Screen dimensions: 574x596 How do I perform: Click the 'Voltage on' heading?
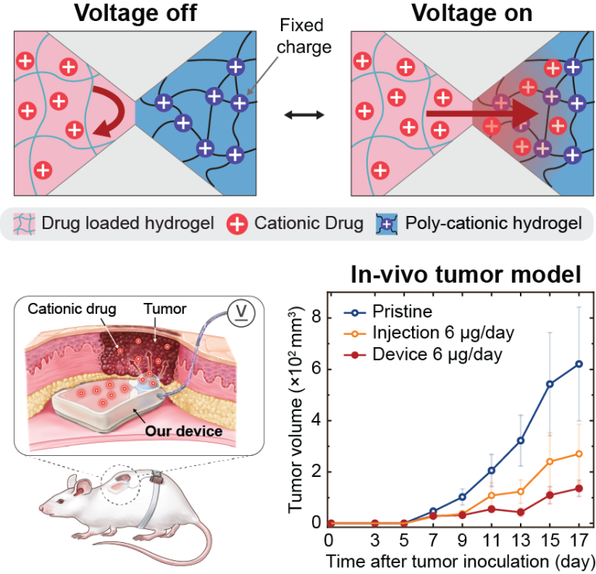[465, 13]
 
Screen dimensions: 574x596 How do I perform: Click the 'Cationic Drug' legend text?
[308, 224]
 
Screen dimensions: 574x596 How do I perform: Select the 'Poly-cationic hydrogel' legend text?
[492, 224]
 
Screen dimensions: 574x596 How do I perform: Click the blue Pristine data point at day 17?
[579, 363]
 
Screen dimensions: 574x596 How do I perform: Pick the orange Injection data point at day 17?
[579, 454]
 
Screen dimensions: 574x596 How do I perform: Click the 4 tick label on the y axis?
[316, 419]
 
